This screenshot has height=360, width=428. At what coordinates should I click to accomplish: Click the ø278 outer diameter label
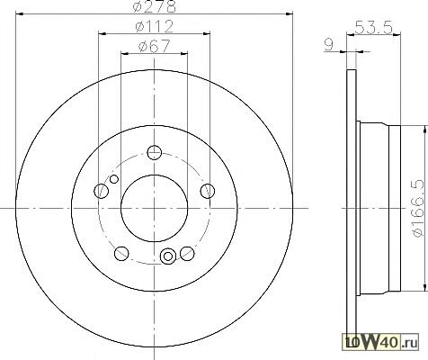154,6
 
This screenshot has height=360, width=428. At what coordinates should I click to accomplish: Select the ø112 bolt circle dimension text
155,26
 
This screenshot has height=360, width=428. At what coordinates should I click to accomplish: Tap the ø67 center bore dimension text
155,46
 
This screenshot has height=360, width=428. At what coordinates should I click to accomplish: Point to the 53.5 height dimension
373,28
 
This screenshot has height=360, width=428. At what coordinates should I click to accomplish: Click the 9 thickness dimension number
329,45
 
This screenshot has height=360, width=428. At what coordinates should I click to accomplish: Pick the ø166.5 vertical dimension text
419,208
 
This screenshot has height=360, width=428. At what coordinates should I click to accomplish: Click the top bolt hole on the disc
155,152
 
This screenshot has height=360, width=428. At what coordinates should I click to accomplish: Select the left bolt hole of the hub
101,191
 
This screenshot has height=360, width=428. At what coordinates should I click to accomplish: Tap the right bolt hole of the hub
208,191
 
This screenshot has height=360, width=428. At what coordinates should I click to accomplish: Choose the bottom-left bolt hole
121,254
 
